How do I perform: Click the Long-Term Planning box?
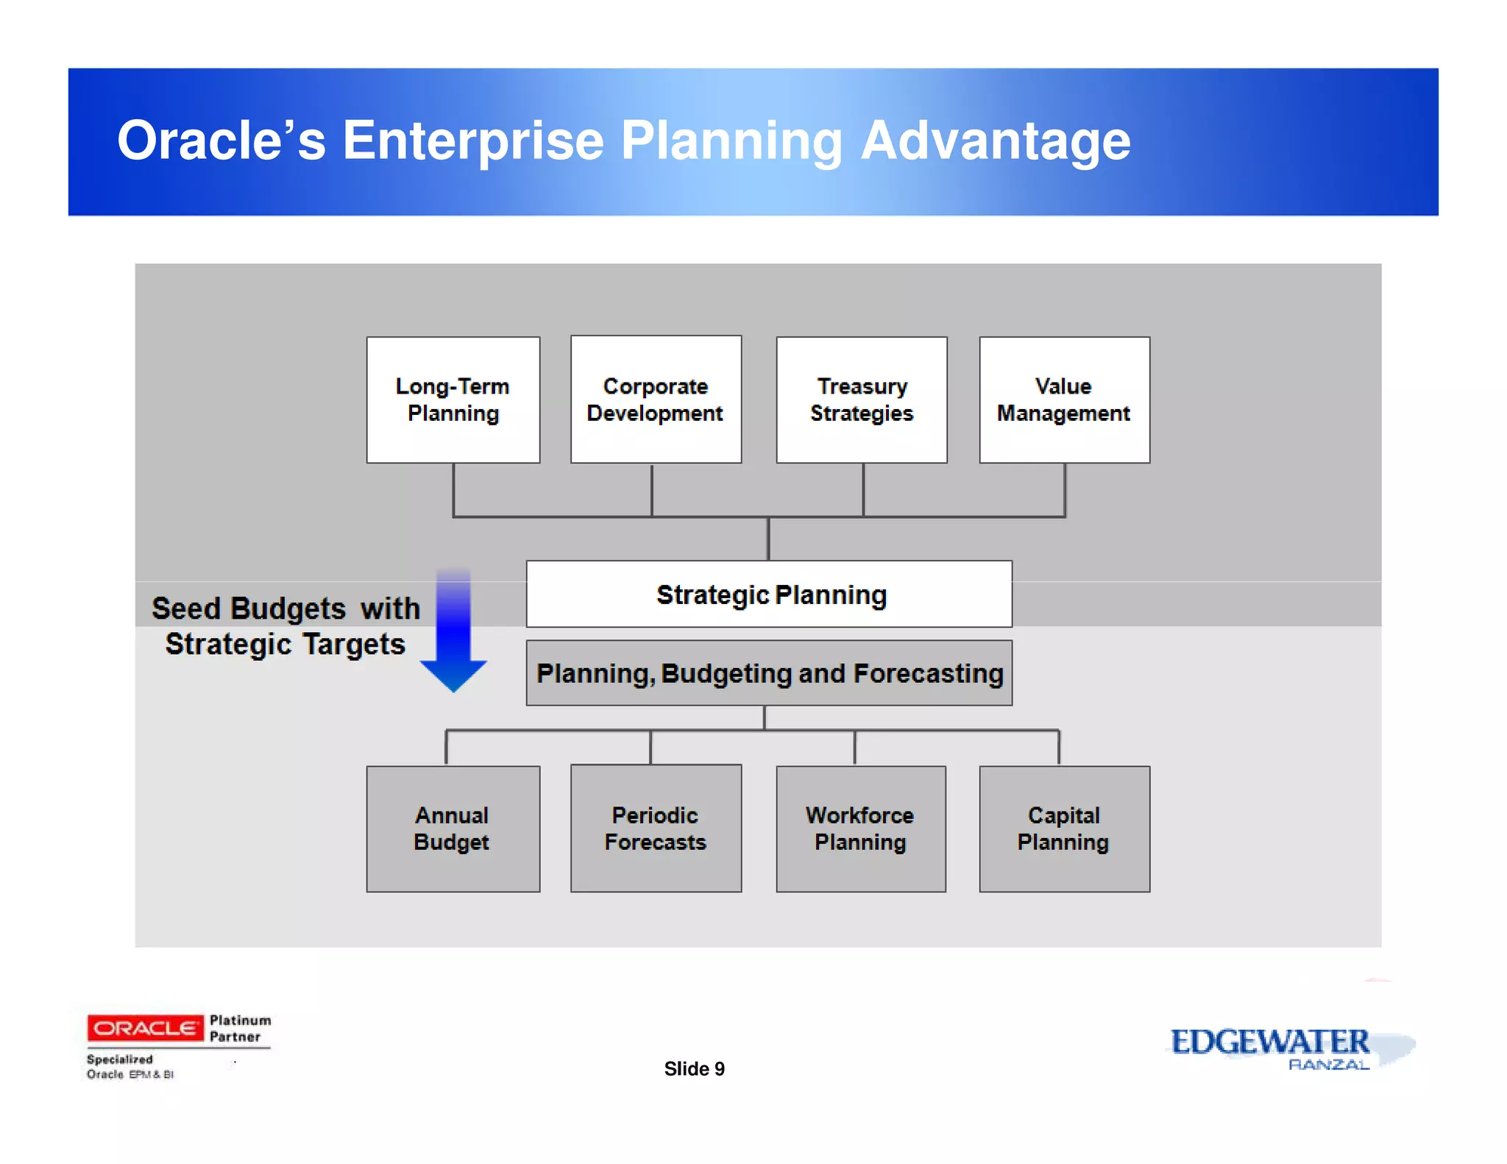click(453, 400)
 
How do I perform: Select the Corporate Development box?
click(656, 400)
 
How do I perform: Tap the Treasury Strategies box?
click(862, 400)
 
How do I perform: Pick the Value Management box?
click(1064, 400)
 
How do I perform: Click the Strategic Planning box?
click(769, 595)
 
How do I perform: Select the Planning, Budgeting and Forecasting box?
click(769, 673)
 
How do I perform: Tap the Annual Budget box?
click(453, 829)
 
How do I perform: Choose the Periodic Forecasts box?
click(656, 829)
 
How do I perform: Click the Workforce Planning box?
click(861, 829)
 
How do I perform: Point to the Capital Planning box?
click(1064, 829)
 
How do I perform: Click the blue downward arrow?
click(453, 633)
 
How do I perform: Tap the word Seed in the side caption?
click(186, 609)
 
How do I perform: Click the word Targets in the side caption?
click(354, 645)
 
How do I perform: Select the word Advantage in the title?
click(996, 141)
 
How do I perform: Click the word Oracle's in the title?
click(221, 141)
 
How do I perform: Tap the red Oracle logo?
click(145, 1028)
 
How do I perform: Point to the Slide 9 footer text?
click(694, 1068)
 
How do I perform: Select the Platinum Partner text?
click(240, 1029)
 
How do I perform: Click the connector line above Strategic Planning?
click(768, 539)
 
